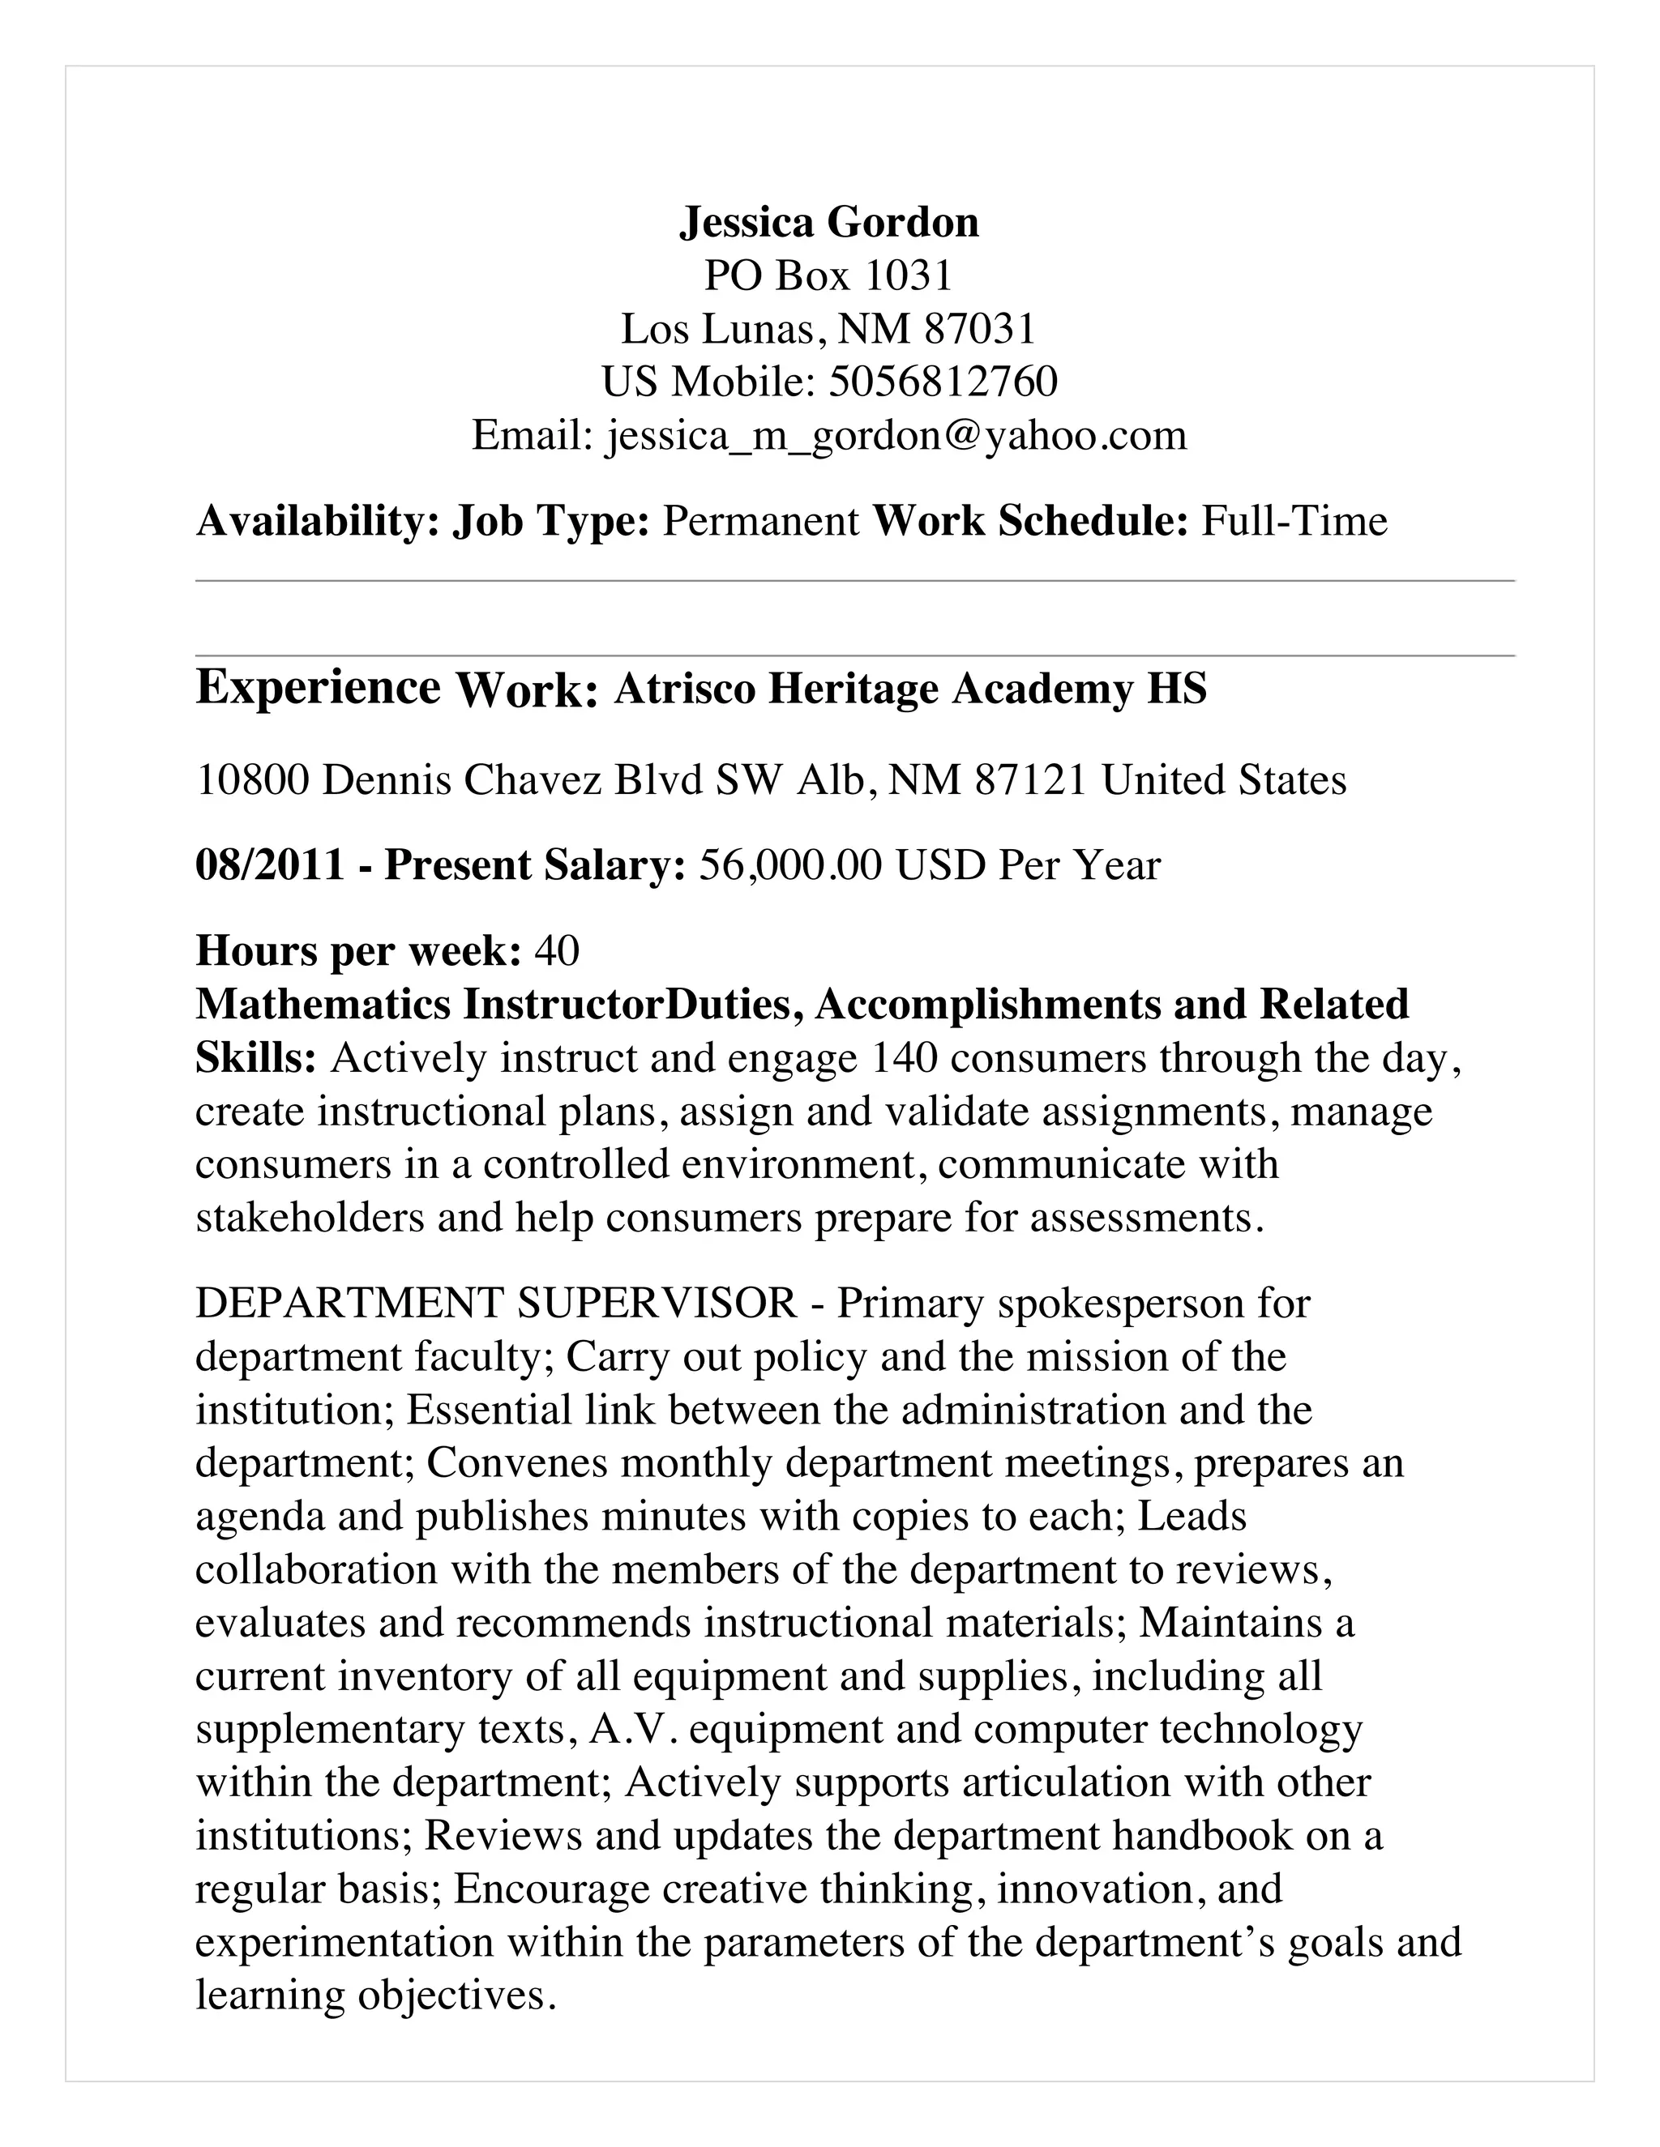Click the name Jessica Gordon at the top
coord(829,223)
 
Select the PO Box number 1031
coord(909,276)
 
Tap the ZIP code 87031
coord(981,329)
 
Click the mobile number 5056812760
coord(943,382)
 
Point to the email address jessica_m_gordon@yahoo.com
coord(897,436)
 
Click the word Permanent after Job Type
coord(761,521)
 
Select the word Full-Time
coord(1294,521)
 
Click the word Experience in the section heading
coord(318,687)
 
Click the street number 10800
coord(253,780)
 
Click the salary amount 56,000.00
coord(790,866)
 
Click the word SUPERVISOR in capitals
coord(657,1304)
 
